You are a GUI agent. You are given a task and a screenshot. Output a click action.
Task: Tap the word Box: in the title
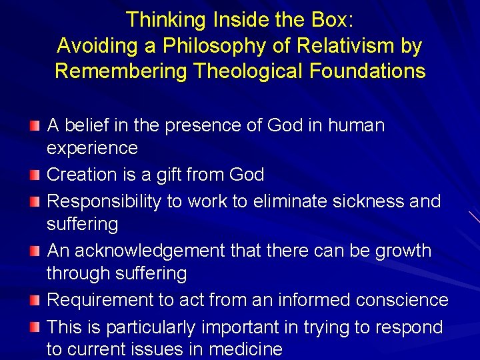[x=330, y=20]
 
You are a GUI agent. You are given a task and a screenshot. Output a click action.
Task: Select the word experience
[x=92, y=148]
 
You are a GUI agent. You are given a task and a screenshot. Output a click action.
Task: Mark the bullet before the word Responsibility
[x=35, y=202]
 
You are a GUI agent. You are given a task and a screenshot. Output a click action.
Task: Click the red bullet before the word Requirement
[x=35, y=301]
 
